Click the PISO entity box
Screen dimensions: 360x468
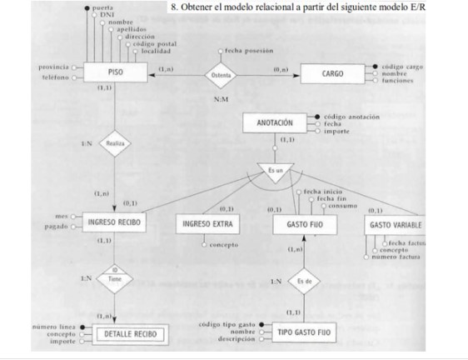(x=114, y=73)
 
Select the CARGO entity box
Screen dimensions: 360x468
(x=332, y=74)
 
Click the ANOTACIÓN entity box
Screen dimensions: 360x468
(x=276, y=122)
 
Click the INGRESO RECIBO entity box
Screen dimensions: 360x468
(x=114, y=222)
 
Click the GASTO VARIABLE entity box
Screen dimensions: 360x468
(x=395, y=225)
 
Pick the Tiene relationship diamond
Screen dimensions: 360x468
(x=114, y=282)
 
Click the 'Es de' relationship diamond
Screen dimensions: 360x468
(x=303, y=281)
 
